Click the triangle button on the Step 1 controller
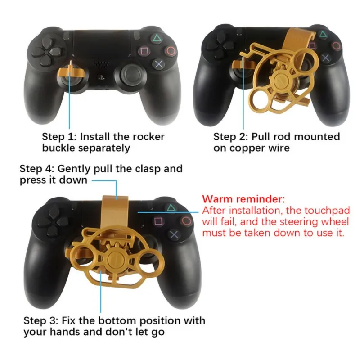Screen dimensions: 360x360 (x=153, y=40)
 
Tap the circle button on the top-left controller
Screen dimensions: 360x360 (x=169, y=52)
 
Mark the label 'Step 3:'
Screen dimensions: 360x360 (x=39, y=321)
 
